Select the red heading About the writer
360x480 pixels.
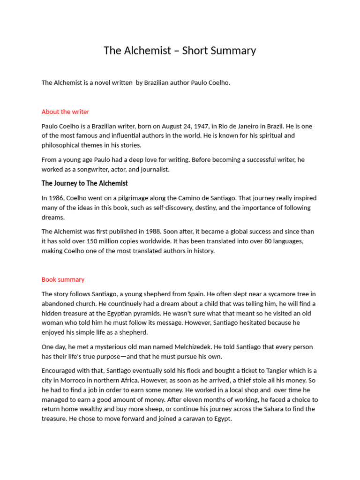click(65, 112)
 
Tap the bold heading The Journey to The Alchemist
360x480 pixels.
click(84, 183)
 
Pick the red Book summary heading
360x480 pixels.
click(63, 279)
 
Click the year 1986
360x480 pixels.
click(58, 198)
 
